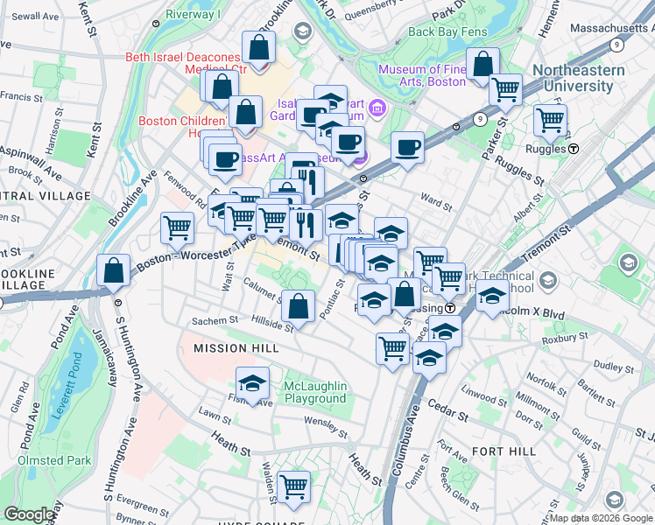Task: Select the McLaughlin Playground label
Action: [315, 392]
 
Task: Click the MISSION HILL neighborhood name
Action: [236, 348]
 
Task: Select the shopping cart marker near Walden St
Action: [293, 487]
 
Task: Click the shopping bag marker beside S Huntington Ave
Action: [114, 271]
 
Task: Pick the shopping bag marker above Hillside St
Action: [299, 308]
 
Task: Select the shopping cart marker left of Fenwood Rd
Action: [178, 229]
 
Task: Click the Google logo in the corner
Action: [30, 514]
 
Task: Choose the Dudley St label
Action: [613, 366]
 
